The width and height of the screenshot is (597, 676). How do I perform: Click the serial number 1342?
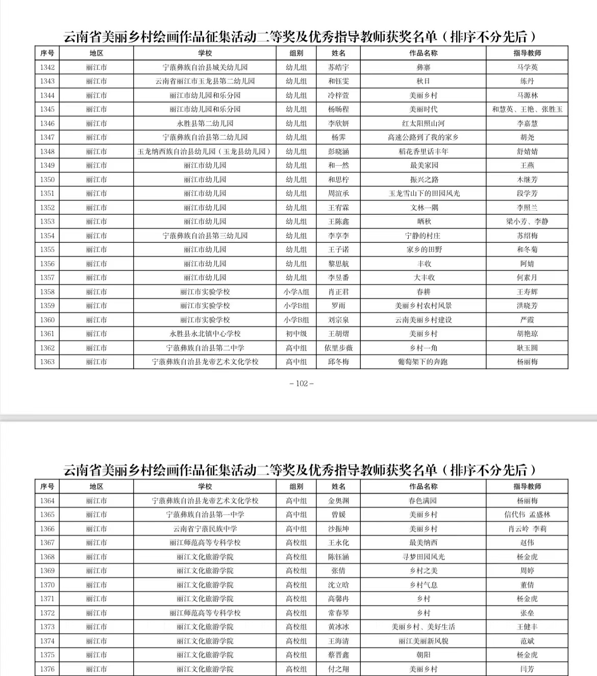point(47,67)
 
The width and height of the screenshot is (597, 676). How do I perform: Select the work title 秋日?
point(424,81)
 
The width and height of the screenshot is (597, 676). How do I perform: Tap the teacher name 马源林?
point(527,95)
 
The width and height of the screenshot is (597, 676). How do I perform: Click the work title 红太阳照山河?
point(424,123)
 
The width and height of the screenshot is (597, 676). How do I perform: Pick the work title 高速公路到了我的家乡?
point(424,137)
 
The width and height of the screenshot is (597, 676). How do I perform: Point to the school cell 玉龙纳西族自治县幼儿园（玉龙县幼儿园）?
point(205,152)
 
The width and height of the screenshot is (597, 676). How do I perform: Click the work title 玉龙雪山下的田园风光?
point(424,193)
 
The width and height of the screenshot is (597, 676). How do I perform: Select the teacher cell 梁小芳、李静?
point(527,221)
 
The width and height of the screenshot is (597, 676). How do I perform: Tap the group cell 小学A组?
point(296,292)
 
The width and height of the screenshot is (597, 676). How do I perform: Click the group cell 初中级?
point(296,334)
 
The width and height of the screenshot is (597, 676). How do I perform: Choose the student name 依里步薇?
point(338,348)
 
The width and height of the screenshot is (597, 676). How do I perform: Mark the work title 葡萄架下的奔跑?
point(424,362)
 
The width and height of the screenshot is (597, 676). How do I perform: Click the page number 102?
point(302,384)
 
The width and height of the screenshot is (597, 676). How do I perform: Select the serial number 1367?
point(47,543)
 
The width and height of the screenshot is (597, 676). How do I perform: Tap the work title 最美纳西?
point(424,543)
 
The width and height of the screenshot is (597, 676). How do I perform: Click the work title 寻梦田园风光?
point(424,557)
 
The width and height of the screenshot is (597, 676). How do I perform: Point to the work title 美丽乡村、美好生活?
point(424,627)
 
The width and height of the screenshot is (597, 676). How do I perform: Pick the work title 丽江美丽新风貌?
point(424,641)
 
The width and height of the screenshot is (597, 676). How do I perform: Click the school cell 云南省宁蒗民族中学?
point(205,529)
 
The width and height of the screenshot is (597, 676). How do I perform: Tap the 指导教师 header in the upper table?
point(527,53)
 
